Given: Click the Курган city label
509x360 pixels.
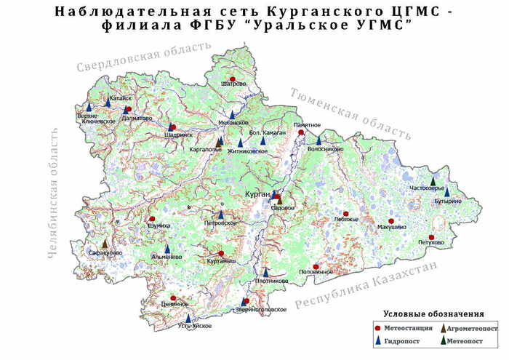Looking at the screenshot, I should (258, 195).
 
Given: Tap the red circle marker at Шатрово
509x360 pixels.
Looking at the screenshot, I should (232, 79).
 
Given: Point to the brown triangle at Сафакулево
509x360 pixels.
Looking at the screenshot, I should (105, 244).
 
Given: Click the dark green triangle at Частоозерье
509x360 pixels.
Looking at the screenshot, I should (433, 180).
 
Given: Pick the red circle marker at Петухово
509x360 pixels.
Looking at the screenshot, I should (431, 237).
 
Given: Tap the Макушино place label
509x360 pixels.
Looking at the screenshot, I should (393, 228).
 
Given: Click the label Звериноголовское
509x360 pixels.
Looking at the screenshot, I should (260, 310).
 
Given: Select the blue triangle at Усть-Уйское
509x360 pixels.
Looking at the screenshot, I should (188, 318).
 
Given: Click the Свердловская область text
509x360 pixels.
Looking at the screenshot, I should (143, 56).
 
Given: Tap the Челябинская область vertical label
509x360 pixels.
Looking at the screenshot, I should (53, 192).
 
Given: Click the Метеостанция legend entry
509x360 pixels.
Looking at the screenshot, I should (403, 329).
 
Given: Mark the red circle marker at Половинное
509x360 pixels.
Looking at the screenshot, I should (316, 266).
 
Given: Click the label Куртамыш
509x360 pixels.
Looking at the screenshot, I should (221, 260).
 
